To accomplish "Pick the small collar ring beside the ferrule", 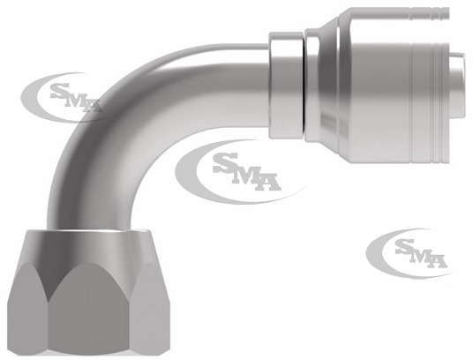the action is coord(286,86).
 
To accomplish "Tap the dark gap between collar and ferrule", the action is coord(304,86).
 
